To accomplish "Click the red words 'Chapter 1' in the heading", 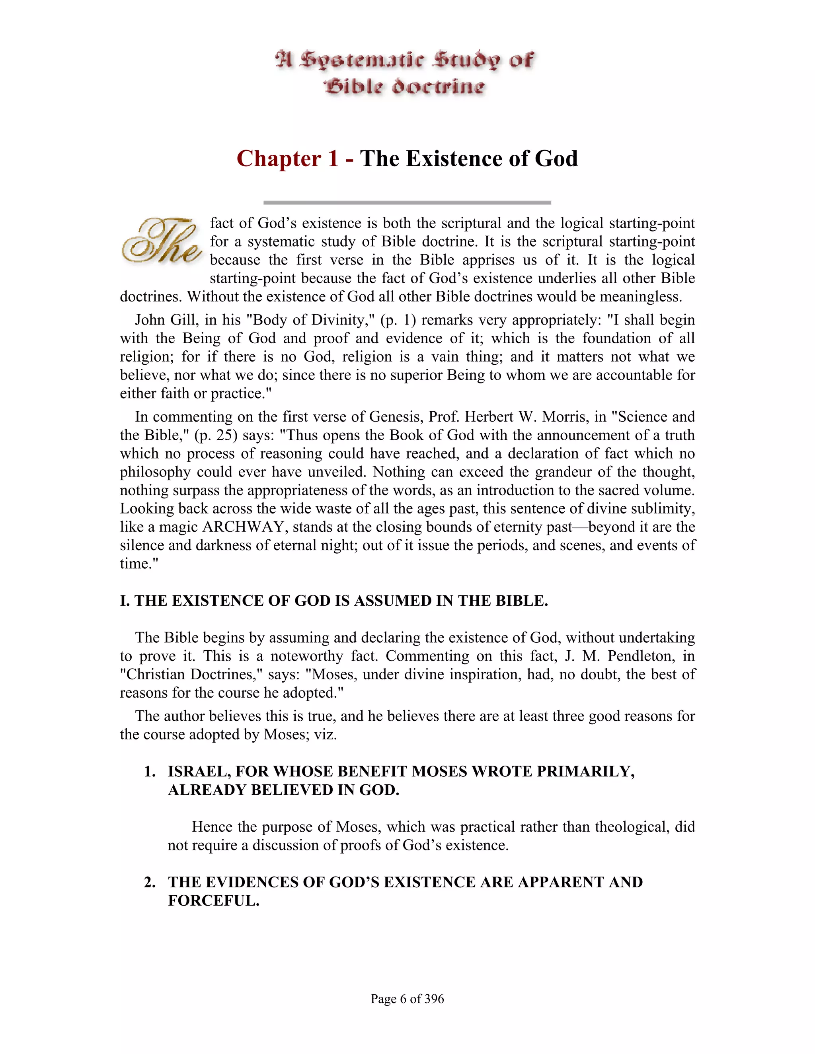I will [287, 159].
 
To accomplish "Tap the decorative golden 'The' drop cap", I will [161, 241].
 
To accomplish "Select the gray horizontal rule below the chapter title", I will [407, 203].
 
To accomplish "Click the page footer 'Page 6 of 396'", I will [407, 998].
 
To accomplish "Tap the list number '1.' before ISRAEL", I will [150, 772].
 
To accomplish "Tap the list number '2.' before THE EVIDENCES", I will [150, 882].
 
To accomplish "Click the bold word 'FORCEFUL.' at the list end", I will [213, 900].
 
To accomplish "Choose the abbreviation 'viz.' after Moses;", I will [326, 735].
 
